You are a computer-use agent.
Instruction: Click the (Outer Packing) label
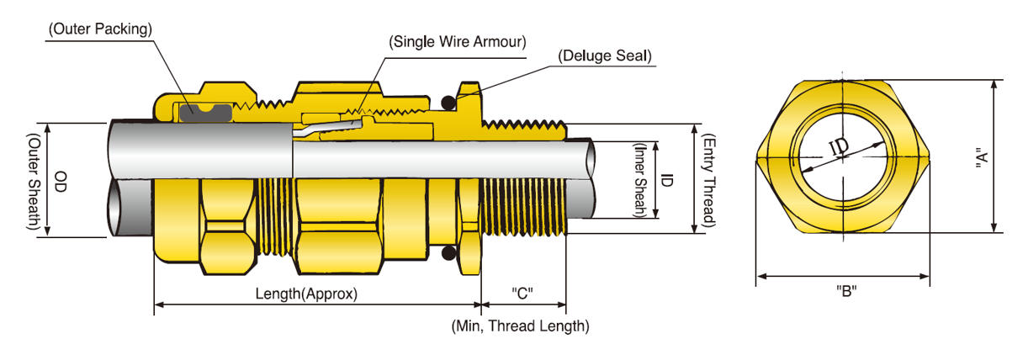coord(100,29)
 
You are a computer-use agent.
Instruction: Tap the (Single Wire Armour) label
coord(457,41)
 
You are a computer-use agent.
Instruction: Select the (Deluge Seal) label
coord(606,57)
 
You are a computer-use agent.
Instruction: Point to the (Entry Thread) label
coord(708,180)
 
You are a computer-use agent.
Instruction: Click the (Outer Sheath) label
coord(34,182)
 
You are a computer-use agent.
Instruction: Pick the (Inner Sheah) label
coord(641,180)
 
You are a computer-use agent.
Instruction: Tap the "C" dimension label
coord(522,294)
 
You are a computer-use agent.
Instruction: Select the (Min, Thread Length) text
coord(520,326)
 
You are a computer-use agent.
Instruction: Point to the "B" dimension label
coord(845,291)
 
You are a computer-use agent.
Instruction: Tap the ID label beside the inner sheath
coord(666,180)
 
